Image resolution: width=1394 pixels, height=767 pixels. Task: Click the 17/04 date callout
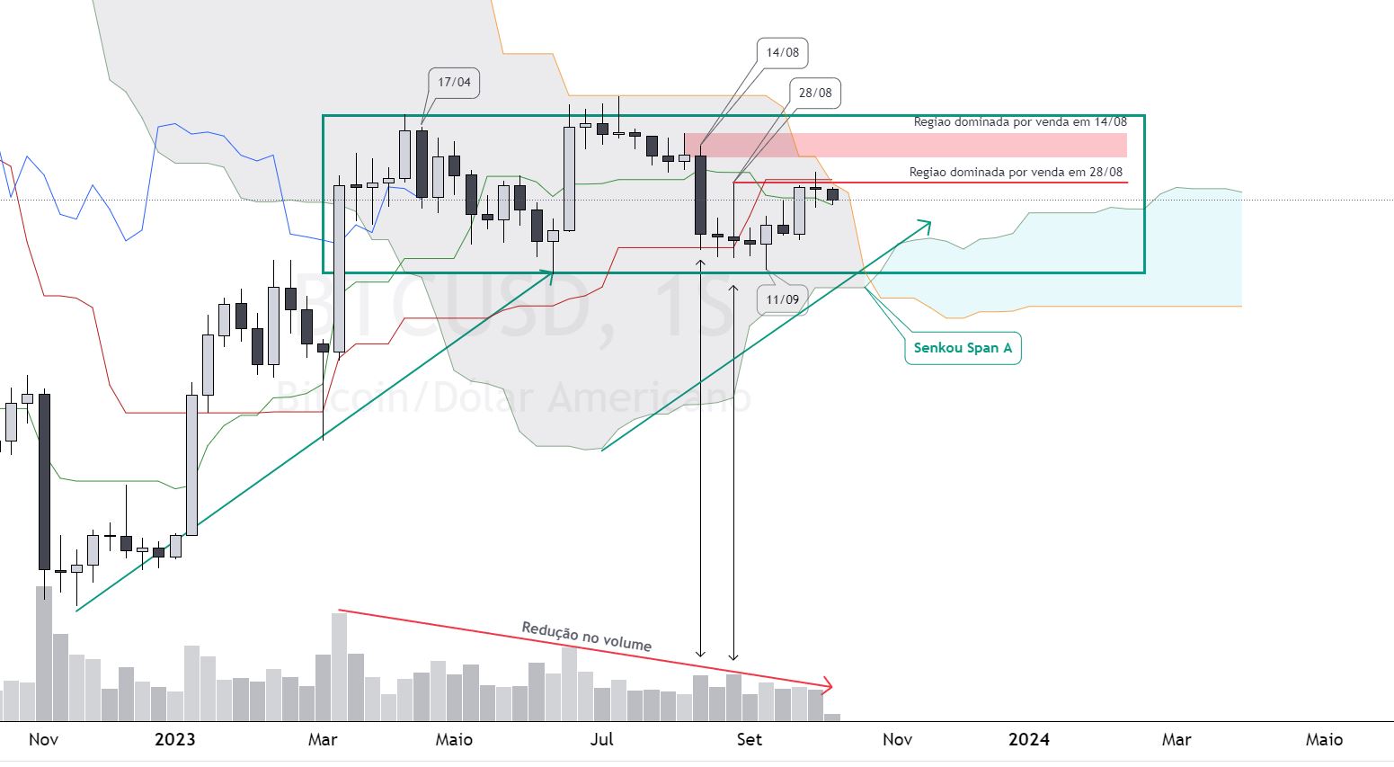pyautogui.click(x=454, y=83)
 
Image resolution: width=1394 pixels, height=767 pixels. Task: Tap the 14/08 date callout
pyautogui.click(x=782, y=53)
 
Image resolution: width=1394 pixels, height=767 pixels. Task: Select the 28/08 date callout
pyautogui.click(x=815, y=94)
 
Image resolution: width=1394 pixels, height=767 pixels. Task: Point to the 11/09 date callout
pyautogui.click(x=782, y=300)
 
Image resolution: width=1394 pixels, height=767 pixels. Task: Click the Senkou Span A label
pyautogui.click(x=963, y=348)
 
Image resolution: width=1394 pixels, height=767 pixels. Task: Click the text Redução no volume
pyautogui.click(x=586, y=637)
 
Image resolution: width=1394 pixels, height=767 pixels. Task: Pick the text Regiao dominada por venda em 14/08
pyautogui.click(x=1020, y=122)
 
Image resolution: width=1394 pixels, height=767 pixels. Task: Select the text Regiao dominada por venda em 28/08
pyautogui.click(x=1016, y=173)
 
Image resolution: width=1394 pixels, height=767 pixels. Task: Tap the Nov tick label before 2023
pyautogui.click(x=43, y=740)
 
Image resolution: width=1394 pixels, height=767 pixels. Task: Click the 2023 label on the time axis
pyautogui.click(x=175, y=740)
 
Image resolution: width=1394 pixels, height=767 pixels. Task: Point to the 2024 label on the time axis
pyautogui.click(x=1029, y=740)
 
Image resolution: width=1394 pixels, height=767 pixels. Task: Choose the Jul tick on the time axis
pyautogui.click(x=602, y=740)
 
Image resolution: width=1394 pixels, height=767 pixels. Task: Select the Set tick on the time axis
pyautogui.click(x=750, y=740)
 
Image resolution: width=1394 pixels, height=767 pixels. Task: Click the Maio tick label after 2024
pyautogui.click(x=1324, y=740)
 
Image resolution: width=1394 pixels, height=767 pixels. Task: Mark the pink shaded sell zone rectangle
pyautogui.click(x=906, y=145)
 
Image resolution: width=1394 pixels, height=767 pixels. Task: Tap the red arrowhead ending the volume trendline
pyautogui.click(x=827, y=685)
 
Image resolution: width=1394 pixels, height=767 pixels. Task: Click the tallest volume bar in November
pyautogui.click(x=44, y=654)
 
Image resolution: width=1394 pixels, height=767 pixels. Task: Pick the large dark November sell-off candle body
pyautogui.click(x=44, y=482)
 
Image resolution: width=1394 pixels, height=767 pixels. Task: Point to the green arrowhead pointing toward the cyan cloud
pyautogui.click(x=926, y=226)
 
